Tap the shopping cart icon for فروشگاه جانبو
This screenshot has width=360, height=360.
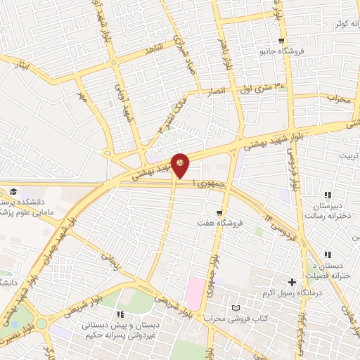[281, 41]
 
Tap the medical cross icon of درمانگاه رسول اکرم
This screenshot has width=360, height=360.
[292, 281]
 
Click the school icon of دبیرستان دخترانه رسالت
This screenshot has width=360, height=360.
[327, 194]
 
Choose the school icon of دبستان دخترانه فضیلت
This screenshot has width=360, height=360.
[327, 255]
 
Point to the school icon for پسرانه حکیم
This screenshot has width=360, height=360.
[120, 314]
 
